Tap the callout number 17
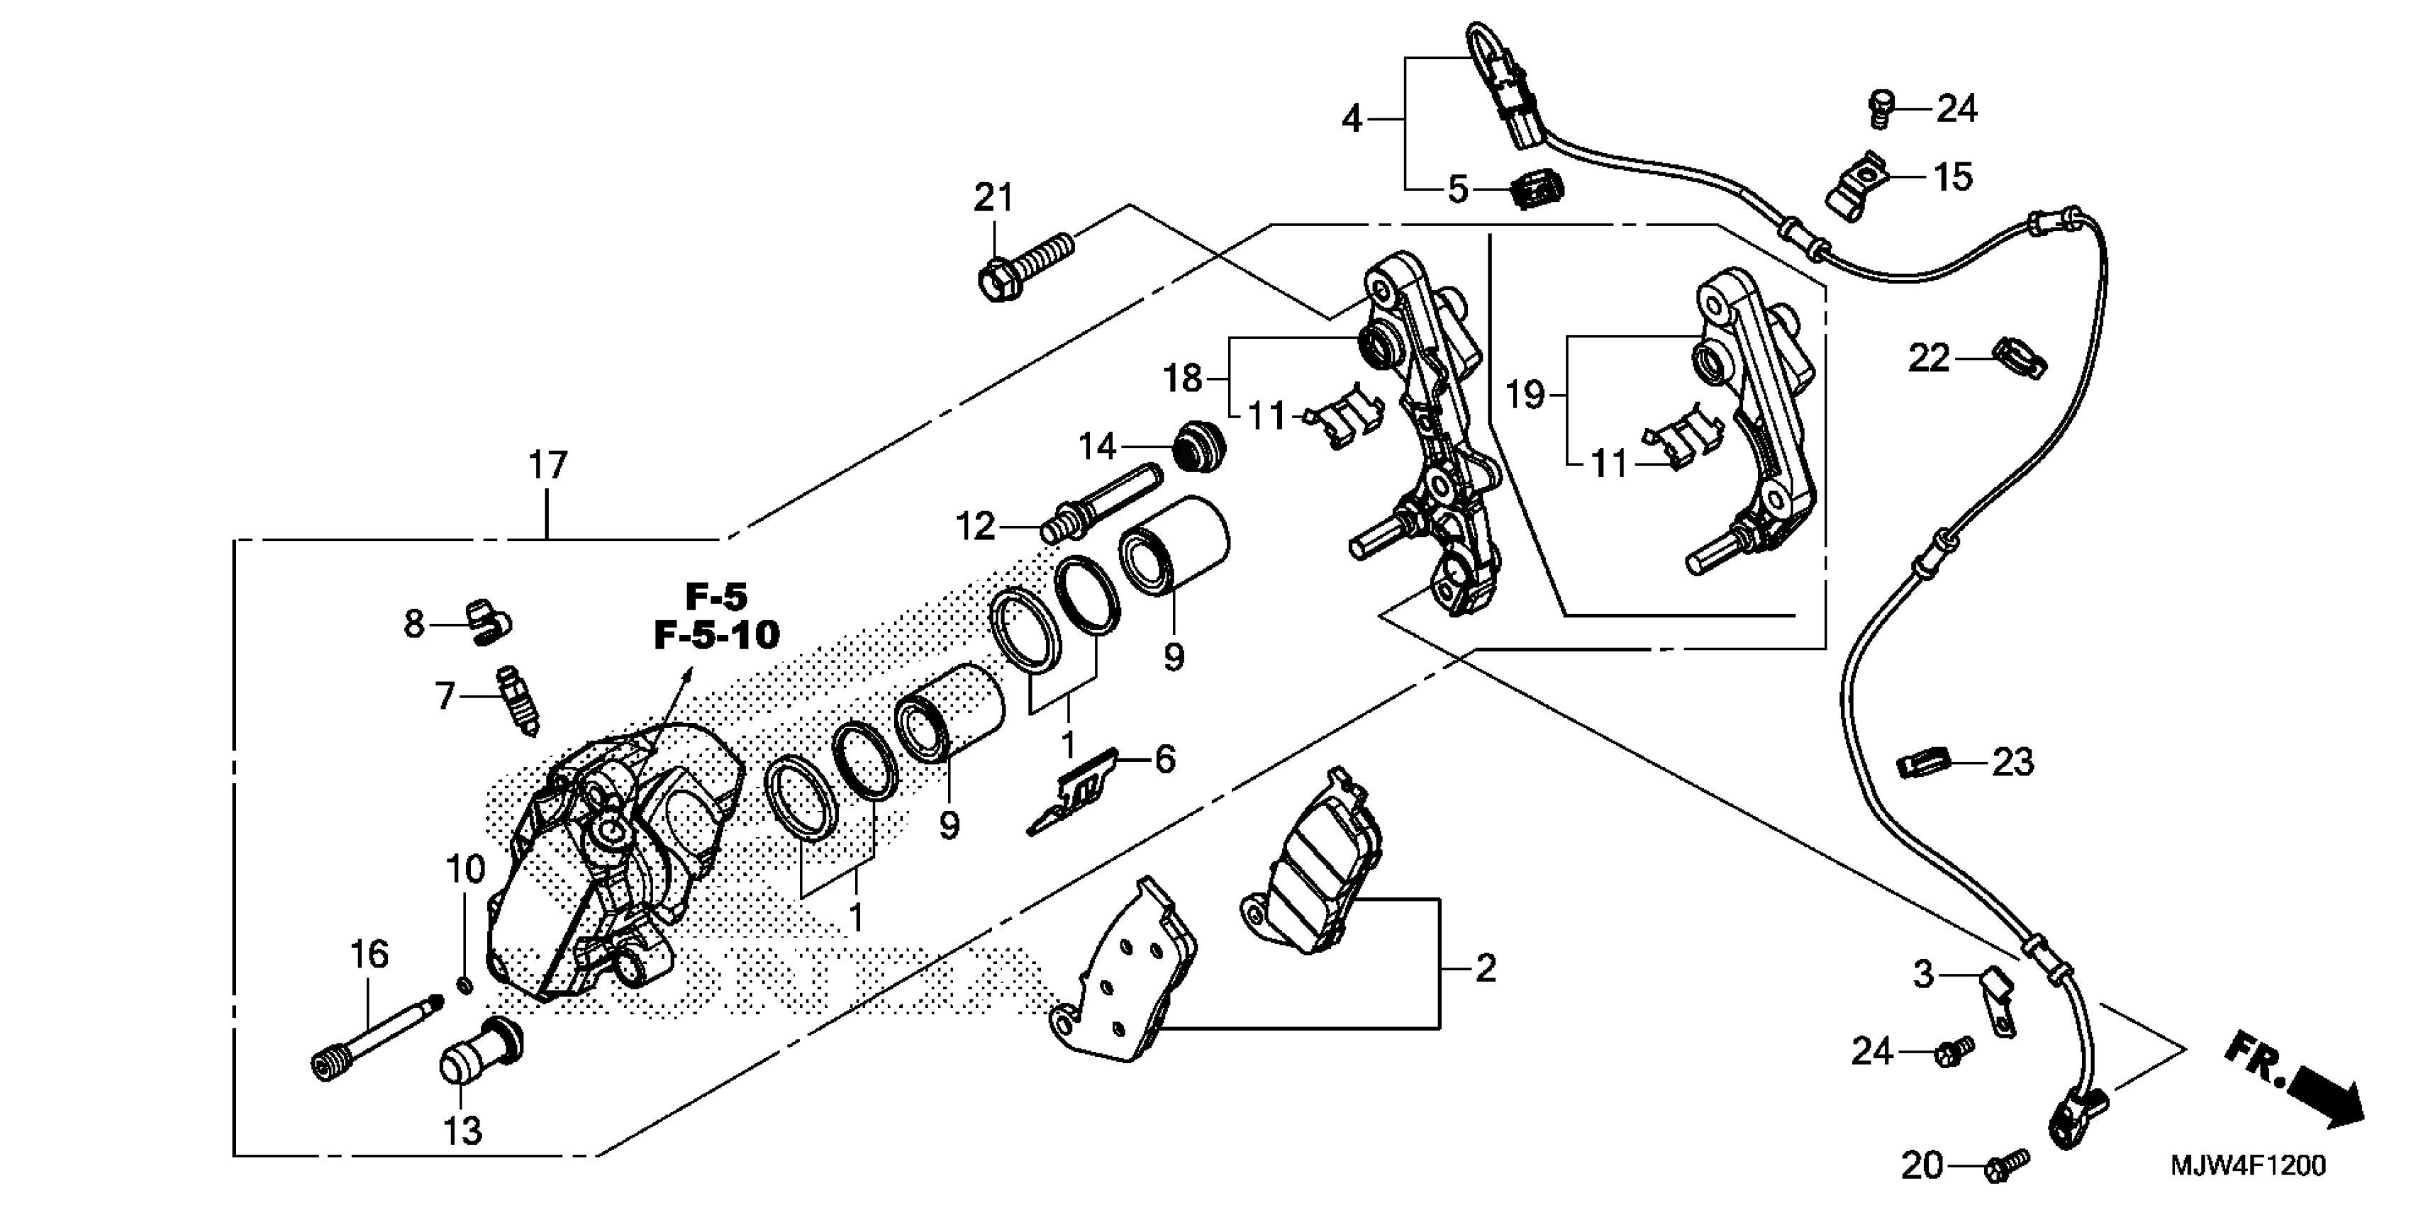(x=547, y=465)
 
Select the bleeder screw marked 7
(x=518, y=700)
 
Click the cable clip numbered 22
(x=2020, y=360)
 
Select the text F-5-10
(x=716, y=635)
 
